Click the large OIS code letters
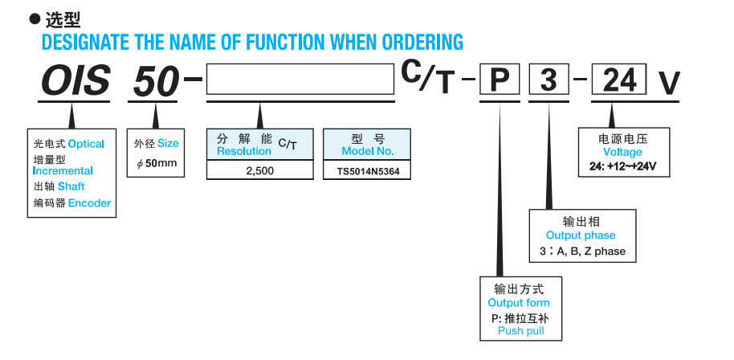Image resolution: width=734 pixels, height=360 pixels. pyautogui.click(x=75, y=81)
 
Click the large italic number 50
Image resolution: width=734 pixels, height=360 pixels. pyautogui.click(x=155, y=81)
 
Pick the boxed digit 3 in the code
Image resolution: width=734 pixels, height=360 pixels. pyautogui.click(x=548, y=80)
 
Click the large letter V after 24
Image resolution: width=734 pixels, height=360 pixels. pyautogui.click(x=669, y=82)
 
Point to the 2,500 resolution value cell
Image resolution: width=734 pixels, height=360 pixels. pyautogui.click(x=259, y=171)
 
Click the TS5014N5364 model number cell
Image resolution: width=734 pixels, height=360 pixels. pyautogui.click(x=367, y=171)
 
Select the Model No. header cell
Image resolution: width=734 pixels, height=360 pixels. pyautogui.click(x=367, y=144)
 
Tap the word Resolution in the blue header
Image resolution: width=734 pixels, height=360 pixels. pyautogui.click(x=244, y=151)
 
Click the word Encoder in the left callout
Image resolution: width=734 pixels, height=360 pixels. pyautogui.click(x=89, y=203)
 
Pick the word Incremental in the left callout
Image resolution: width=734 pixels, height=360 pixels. pyautogui.click(x=63, y=170)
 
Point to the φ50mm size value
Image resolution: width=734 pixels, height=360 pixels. pyautogui.click(x=157, y=164)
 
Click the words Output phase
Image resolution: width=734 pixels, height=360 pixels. pyautogui.click(x=581, y=235)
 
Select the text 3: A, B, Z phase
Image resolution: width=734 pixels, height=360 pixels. pyautogui.click(x=582, y=252)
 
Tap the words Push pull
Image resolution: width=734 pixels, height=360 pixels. pyautogui.click(x=521, y=331)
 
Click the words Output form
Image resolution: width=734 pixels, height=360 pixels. pyautogui.click(x=519, y=303)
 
